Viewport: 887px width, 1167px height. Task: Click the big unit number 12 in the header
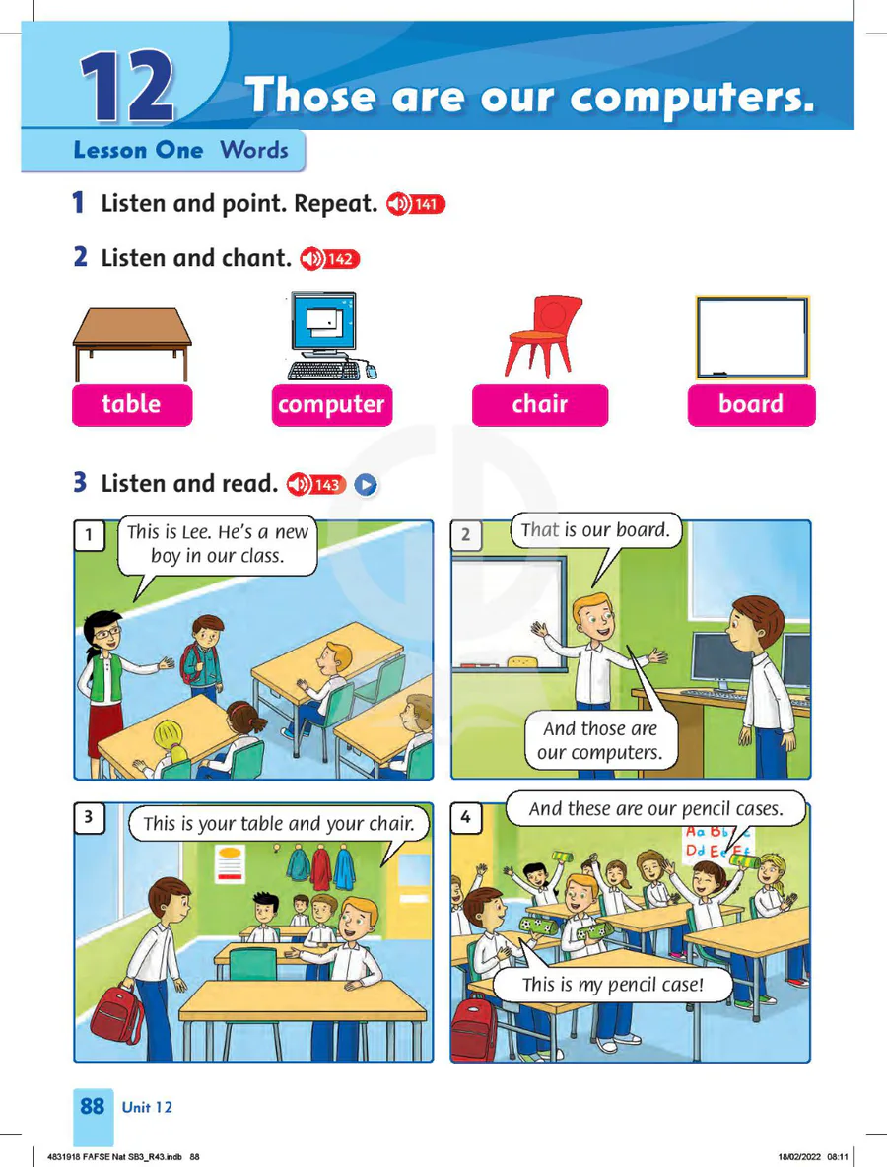(127, 87)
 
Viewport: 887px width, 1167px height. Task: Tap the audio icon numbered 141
(415, 203)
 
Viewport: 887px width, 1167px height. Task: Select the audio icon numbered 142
(329, 259)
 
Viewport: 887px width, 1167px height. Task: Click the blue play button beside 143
(366, 485)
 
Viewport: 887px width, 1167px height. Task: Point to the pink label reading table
(132, 405)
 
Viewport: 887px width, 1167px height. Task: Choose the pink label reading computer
(332, 405)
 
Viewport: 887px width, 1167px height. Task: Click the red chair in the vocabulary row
(544, 336)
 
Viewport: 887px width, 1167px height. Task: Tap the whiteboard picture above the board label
(752, 337)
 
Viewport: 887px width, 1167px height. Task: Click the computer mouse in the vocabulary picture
(371, 370)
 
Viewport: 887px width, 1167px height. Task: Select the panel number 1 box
(90, 535)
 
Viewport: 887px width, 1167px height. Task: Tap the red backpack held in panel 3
(117, 1012)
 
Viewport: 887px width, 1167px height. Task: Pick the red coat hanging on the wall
(320, 867)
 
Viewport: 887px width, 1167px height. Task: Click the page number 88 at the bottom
(93, 1106)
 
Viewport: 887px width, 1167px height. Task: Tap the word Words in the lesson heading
(253, 150)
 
